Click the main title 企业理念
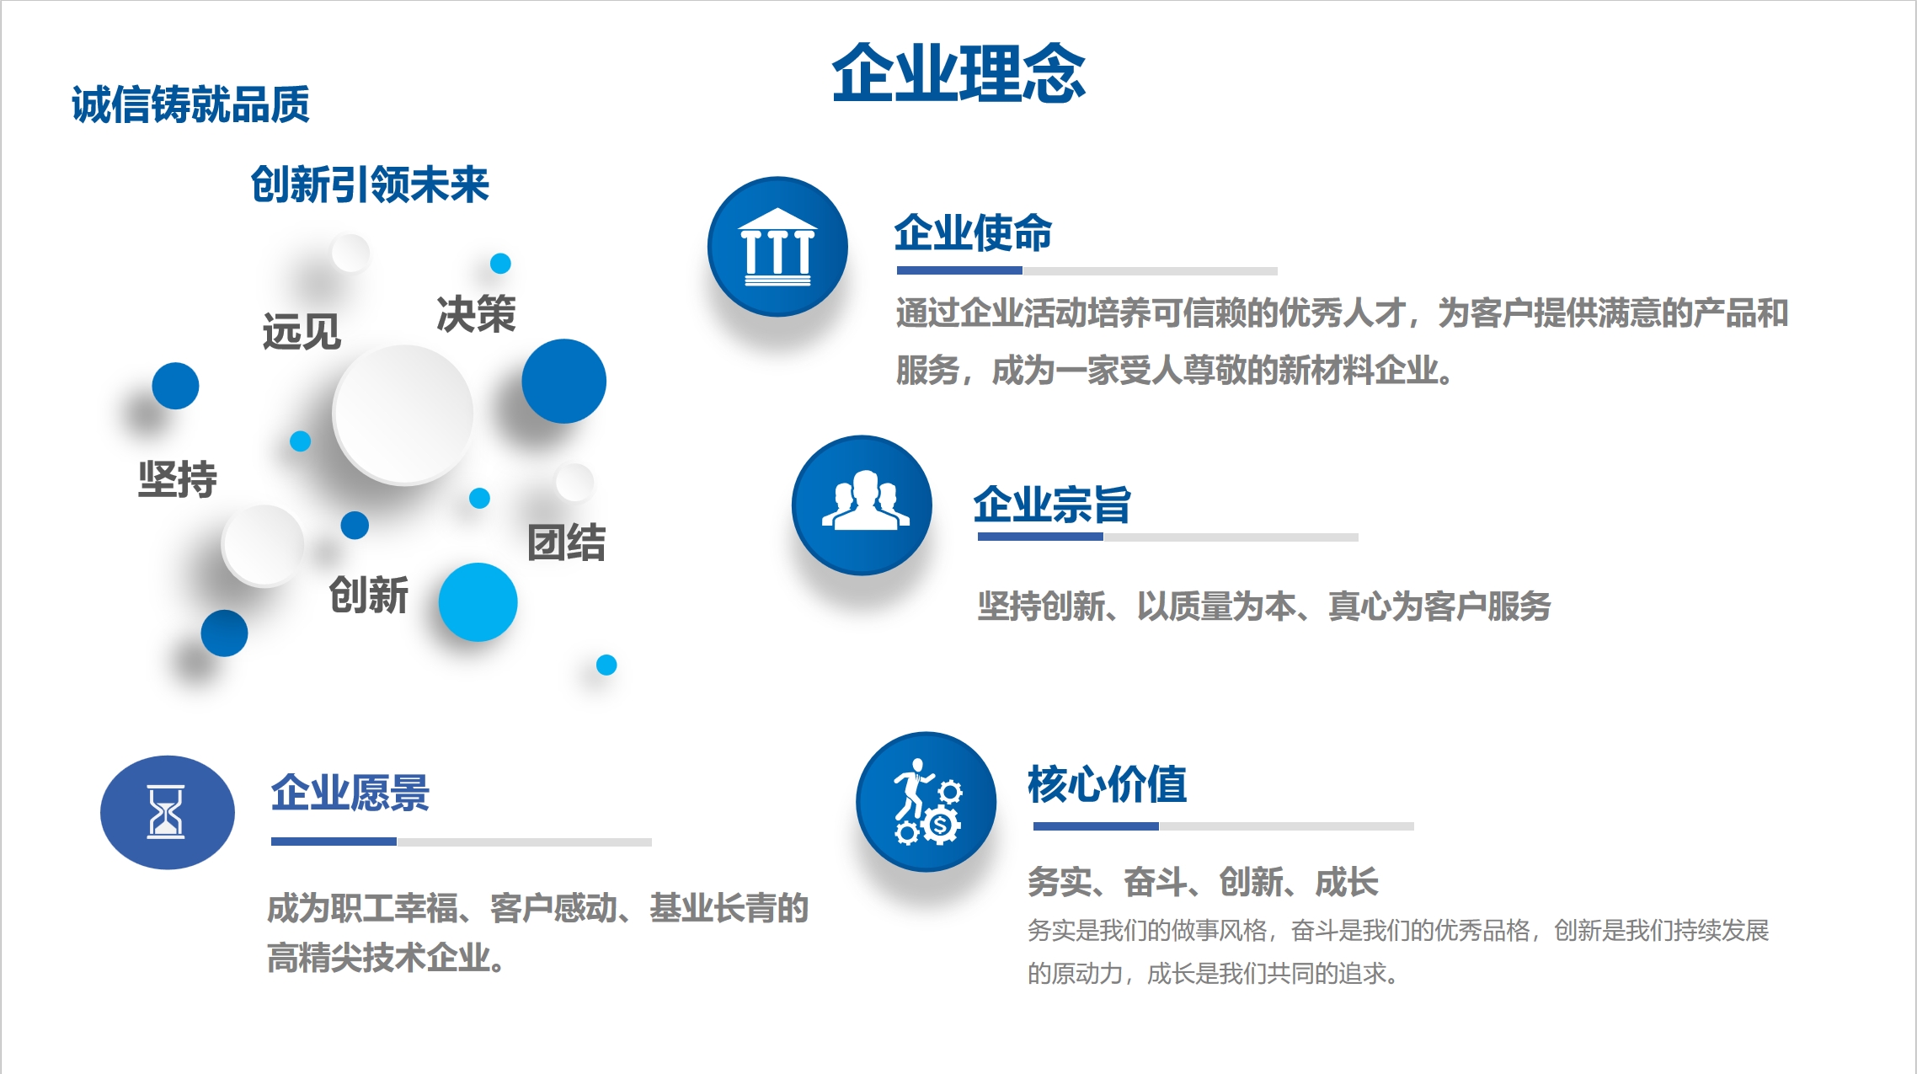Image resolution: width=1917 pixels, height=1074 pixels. point(958,74)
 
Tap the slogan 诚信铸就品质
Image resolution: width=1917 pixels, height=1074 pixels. point(190,104)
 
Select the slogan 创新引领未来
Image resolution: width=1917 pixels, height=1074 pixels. point(370,184)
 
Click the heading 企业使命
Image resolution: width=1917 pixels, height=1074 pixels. point(973,232)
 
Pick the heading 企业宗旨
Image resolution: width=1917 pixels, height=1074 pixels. point(1052,505)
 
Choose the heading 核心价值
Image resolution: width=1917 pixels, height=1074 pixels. point(1107,784)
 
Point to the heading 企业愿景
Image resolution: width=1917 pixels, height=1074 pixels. point(350,793)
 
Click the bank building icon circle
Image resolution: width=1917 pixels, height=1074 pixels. point(777,247)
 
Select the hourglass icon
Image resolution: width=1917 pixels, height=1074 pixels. point(167,812)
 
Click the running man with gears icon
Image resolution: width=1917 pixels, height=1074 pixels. point(926,802)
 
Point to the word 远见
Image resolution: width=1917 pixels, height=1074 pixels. point(302,331)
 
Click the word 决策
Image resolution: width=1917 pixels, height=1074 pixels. point(476,314)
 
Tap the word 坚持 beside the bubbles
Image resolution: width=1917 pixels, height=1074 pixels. point(178,479)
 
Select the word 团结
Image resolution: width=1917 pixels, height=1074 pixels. point(567,542)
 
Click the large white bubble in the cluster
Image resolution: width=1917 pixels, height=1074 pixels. point(403,414)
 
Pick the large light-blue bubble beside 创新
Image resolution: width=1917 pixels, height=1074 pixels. point(478,602)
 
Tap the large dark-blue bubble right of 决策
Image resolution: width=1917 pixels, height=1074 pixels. point(563,381)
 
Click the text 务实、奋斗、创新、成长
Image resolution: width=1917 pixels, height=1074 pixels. point(1203,882)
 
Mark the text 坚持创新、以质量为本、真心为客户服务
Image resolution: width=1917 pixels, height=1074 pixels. point(1263,606)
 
